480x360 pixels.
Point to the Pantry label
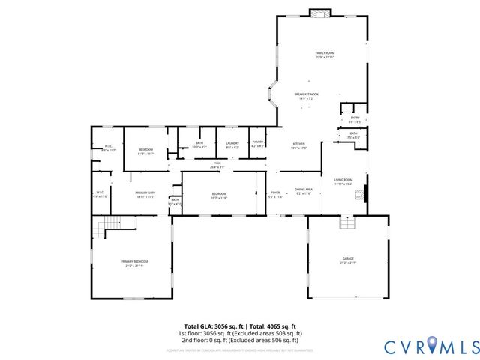click(258, 144)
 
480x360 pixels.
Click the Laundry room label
click(232, 144)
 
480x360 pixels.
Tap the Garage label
click(348, 257)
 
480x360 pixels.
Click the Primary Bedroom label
click(132, 262)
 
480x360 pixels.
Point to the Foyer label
click(276, 194)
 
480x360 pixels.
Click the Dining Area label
click(304, 191)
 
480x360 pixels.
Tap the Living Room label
click(343, 181)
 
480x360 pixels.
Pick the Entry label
click(355, 119)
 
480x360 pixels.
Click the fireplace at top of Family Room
click(321, 13)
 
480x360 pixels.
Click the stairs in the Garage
click(346, 223)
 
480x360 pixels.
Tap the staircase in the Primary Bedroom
click(111, 223)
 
